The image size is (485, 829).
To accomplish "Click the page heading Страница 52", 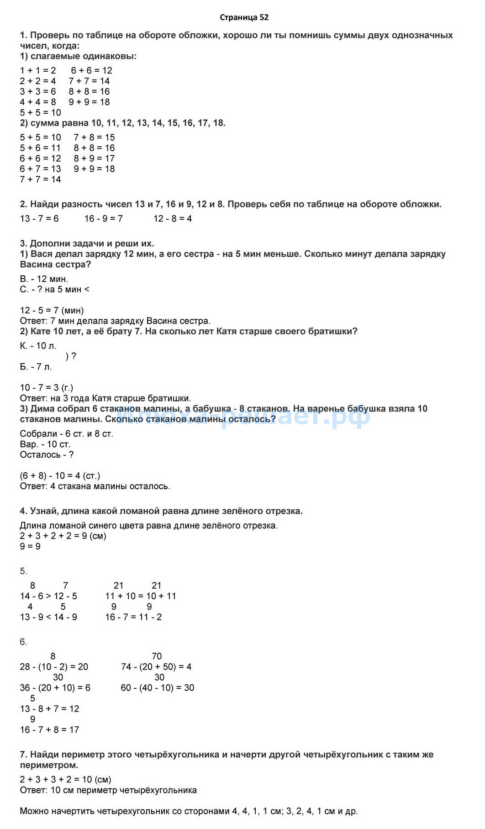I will pos(244,17).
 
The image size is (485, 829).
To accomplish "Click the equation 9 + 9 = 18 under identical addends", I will pos(89,102).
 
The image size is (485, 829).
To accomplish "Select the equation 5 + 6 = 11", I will pos(40,148).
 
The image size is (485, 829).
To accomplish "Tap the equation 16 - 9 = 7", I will pos(103,219).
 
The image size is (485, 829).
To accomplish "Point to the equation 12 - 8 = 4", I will pos(173,219).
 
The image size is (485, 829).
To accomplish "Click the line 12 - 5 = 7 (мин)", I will pos(52,311).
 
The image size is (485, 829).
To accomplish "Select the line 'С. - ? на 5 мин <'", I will pos(54,290).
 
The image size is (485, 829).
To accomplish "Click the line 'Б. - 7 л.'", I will pos(36,367).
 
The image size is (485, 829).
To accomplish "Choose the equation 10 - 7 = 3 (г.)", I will pos(46,388).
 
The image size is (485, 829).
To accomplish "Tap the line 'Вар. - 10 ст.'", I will pos(45,444).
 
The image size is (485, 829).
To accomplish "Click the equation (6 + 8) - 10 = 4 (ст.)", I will pos(60,476).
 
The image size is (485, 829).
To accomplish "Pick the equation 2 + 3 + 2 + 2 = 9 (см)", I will pos(63,536).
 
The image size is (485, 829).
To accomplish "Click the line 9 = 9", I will pos(30,546).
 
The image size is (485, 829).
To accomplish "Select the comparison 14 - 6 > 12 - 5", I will pos(48,596).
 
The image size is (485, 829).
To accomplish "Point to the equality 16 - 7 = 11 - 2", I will pos(133,617).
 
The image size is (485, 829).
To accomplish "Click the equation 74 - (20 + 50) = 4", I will pos(156,667).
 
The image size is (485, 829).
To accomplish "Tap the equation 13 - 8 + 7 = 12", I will pos(49,709).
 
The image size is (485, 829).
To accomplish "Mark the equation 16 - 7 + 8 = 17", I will pos(49,730).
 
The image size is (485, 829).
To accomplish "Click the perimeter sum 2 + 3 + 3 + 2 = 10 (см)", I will pos(65,780).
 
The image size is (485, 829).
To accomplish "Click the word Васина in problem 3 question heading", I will pos(36,264).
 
